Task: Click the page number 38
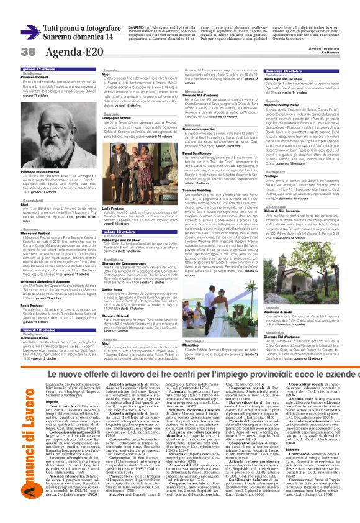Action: click(x=12, y=50)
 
